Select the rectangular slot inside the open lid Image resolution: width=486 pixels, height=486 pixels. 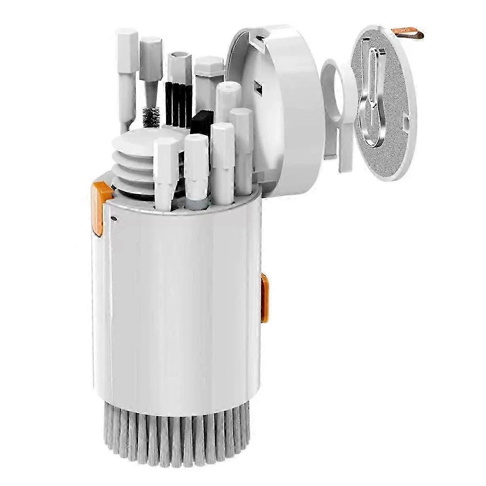(x=257, y=87)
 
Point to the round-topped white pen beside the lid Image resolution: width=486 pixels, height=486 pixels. (x=227, y=101)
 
